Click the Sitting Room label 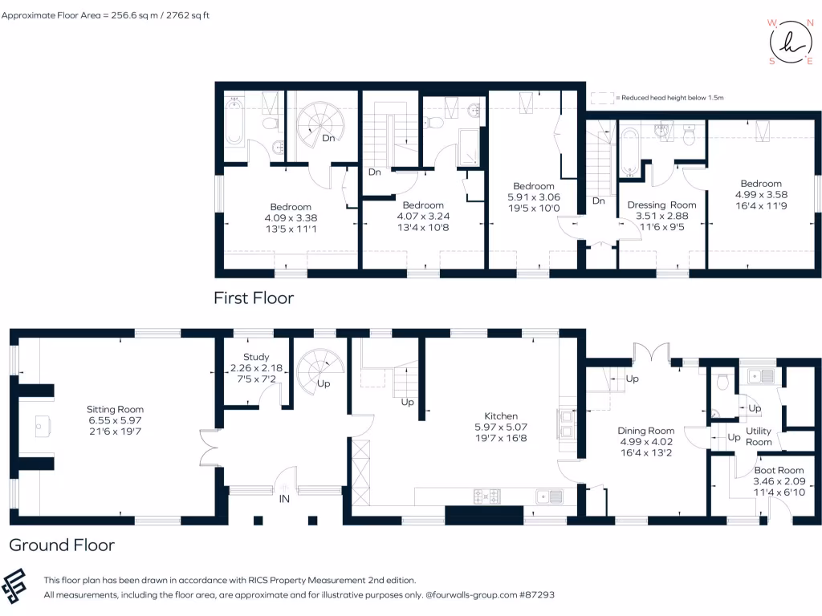(x=115, y=409)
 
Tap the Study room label (x=256, y=357)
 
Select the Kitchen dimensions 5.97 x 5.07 (x=501, y=428)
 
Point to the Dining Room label (x=645, y=431)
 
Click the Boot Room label (x=779, y=470)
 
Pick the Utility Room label (x=759, y=436)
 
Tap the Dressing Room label (x=661, y=205)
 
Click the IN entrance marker (x=284, y=498)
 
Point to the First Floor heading (x=253, y=298)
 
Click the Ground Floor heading (x=62, y=545)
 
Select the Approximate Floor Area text (x=105, y=15)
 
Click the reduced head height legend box (x=600, y=97)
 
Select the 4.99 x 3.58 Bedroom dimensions (x=761, y=194)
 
